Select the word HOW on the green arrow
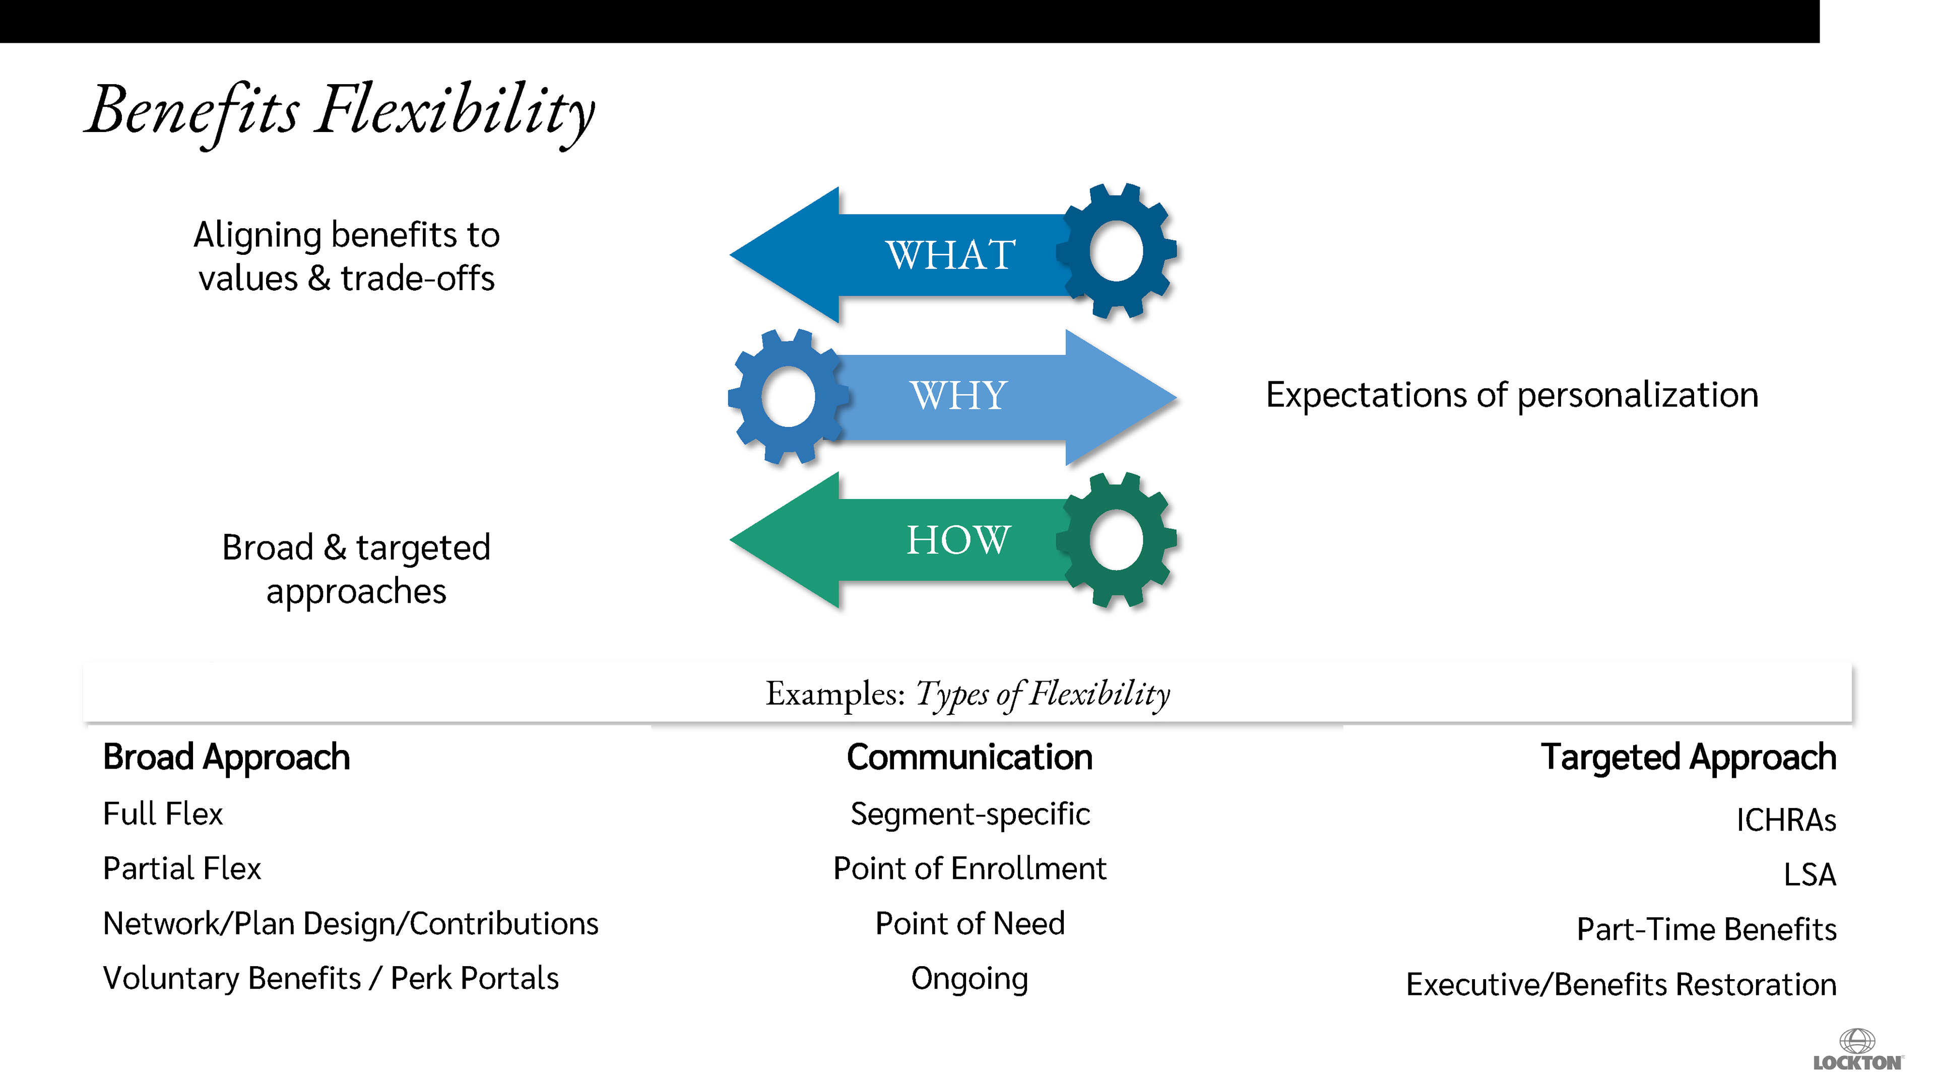pyautogui.click(x=958, y=540)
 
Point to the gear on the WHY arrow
pyautogui.click(x=788, y=396)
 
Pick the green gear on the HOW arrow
pyautogui.click(x=1116, y=540)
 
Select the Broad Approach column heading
pyautogui.click(x=226, y=757)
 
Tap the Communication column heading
pyautogui.click(x=969, y=757)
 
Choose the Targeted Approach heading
pyautogui.click(x=1688, y=757)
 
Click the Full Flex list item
pyautogui.click(x=163, y=814)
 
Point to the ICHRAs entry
pyautogui.click(x=1785, y=820)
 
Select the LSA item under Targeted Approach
pyautogui.click(x=1809, y=875)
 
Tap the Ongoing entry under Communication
pyautogui.click(x=969, y=978)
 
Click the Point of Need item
pyautogui.click(x=970, y=924)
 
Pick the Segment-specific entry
pyautogui.click(x=970, y=814)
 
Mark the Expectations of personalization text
pyautogui.click(x=1511, y=395)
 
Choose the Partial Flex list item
pyautogui.click(x=182, y=869)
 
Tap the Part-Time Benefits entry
pyautogui.click(x=1706, y=929)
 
